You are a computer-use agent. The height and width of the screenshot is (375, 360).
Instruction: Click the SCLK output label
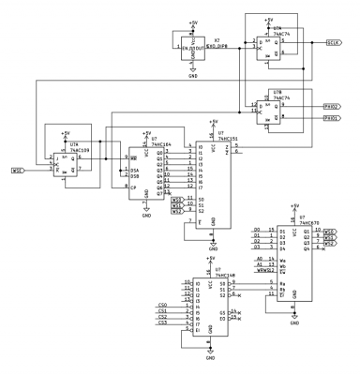pyautogui.click(x=334, y=42)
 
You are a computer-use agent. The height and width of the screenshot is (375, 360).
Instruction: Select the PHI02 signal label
pyautogui.click(x=332, y=108)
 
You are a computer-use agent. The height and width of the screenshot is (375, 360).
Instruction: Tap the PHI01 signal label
pyautogui.click(x=332, y=119)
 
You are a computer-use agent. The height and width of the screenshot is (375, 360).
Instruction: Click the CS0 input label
pyautogui.click(x=162, y=304)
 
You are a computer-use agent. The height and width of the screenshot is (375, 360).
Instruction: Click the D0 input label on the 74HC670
pyautogui.click(x=257, y=230)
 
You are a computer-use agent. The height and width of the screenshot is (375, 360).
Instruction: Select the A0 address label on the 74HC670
pyautogui.click(x=259, y=258)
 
